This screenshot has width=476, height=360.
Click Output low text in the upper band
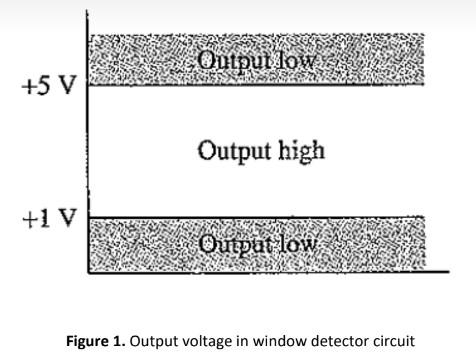tap(256, 60)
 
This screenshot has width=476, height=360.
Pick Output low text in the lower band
tap(257, 243)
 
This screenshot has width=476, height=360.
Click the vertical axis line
tap(87, 150)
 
